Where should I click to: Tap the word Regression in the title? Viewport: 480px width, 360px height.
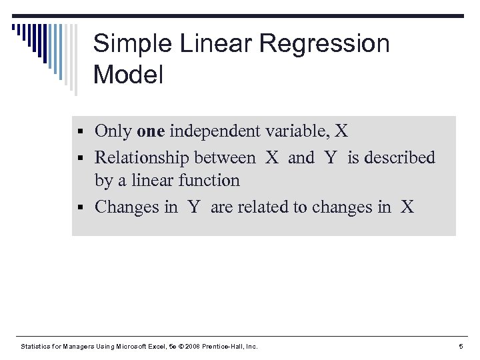[x=325, y=45]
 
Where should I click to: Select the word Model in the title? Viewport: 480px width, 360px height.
[x=128, y=75]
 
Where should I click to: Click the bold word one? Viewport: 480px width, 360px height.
[x=150, y=131]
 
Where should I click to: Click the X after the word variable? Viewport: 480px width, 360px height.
[x=341, y=131]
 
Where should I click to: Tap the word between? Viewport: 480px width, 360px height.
[x=224, y=158]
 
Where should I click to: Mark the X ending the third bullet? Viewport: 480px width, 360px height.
[x=407, y=207]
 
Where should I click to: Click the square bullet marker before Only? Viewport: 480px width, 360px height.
[x=81, y=132]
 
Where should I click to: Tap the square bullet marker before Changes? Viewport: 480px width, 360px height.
[x=81, y=208]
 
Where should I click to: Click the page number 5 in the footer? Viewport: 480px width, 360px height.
[x=461, y=346]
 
